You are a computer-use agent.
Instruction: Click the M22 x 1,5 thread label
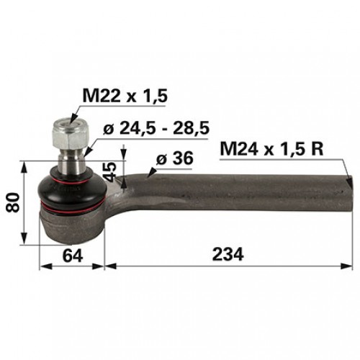point(125,96)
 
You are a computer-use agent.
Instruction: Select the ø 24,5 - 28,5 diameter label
point(156,128)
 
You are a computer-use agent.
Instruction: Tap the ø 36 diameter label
point(174,158)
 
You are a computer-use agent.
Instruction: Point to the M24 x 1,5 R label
point(271,149)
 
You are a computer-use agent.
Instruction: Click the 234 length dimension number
point(228,254)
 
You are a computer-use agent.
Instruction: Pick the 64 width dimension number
point(73,256)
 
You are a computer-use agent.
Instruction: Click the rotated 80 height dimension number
point(12,202)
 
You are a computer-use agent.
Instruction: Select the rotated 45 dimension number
point(109,172)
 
